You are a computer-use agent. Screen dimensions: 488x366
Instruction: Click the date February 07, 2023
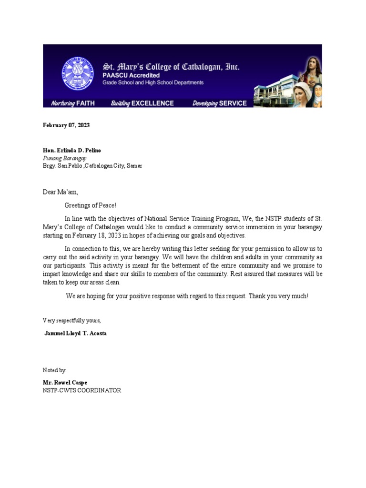pos(66,125)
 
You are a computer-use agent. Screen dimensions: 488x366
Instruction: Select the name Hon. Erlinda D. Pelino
pos(72,150)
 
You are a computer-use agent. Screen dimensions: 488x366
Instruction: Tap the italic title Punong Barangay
pos(65,158)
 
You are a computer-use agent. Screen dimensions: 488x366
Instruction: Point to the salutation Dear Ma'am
pos(60,192)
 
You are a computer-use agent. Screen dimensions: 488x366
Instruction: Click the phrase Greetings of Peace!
pos(91,205)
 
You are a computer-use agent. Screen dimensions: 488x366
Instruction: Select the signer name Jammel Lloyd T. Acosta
pos(75,333)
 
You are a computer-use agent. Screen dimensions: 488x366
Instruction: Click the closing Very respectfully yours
pos(72,320)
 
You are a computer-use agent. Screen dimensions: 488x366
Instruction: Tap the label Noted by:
pos(55,370)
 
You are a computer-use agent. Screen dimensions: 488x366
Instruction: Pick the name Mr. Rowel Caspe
pos(65,383)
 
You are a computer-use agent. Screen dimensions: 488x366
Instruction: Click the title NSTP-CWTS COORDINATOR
pos(82,390)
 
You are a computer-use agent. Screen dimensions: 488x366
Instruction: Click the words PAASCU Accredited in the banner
pos(131,76)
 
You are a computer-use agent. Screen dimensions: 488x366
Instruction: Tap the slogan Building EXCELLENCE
pos(142,103)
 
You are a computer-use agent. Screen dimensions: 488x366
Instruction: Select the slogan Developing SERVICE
pos(219,103)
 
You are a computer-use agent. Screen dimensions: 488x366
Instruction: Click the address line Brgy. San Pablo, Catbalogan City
pos(92,166)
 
